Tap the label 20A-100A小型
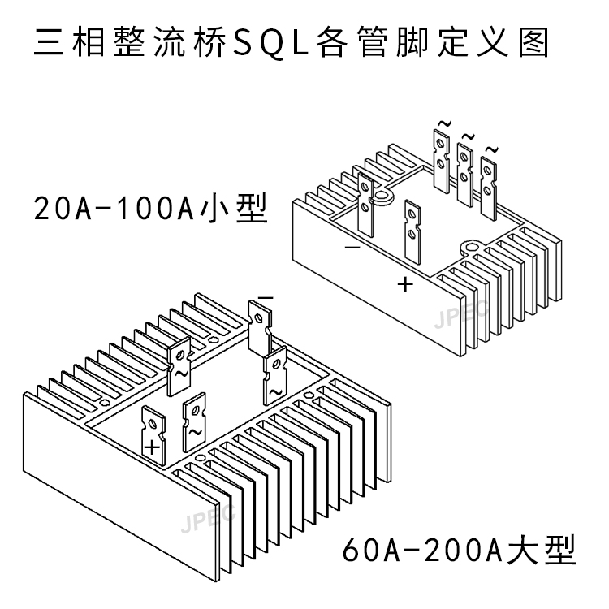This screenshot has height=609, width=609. click(x=151, y=210)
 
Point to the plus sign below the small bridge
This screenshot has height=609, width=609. click(x=406, y=284)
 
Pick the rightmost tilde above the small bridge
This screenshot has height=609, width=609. click(x=490, y=149)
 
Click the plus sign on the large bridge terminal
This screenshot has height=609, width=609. click(x=152, y=447)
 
